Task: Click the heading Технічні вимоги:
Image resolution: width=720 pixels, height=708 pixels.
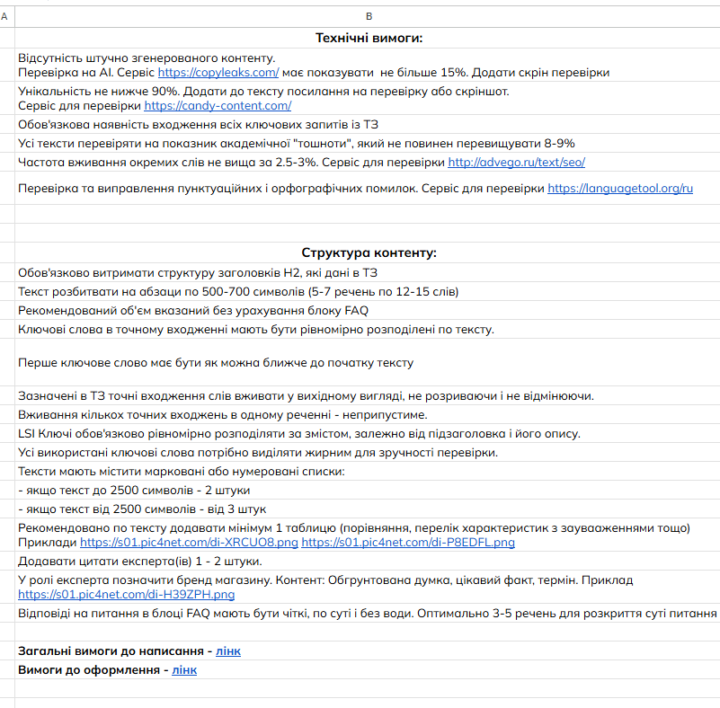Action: pos(369,38)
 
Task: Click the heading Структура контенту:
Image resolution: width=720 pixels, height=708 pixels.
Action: pos(369,252)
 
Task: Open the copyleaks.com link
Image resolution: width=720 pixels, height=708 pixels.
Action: pos(218,72)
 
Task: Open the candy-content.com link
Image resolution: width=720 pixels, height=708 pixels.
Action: pos(218,105)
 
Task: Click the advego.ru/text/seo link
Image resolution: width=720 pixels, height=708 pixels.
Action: pos(517,163)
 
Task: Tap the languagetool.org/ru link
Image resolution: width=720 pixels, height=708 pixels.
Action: pos(620,188)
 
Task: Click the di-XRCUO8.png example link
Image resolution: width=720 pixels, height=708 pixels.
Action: pos(189,543)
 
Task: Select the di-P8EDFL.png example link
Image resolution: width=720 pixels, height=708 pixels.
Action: pos(408,543)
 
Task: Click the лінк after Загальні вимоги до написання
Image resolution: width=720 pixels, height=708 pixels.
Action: pos(228,650)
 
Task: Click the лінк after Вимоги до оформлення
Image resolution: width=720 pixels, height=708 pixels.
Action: pos(184,669)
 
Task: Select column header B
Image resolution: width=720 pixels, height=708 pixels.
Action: pos(369,16)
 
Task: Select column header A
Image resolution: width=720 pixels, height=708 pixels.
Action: pos(6,16)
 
